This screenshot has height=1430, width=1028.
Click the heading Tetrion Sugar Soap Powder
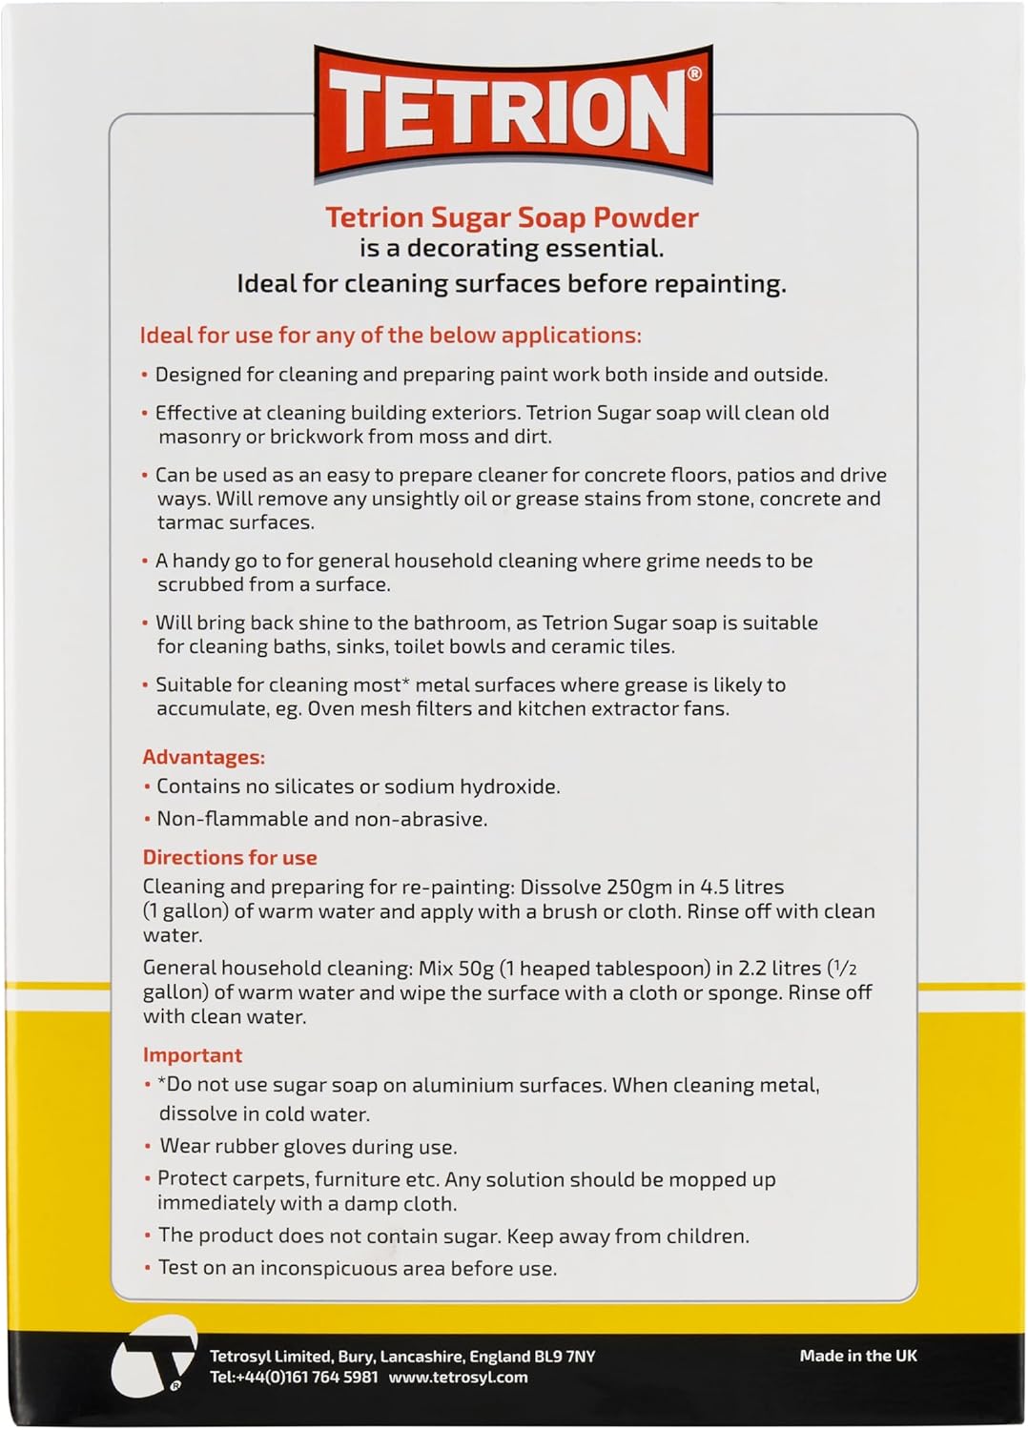tap(512, 217)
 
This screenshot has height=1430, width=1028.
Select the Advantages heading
tap(203, 757)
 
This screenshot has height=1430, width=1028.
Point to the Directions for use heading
tap(230, 857)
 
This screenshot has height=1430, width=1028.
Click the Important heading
tap(193, 1054)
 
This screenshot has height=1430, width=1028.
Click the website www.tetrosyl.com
tap(458, 1377)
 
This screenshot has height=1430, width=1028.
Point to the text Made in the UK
tap(858, 1355)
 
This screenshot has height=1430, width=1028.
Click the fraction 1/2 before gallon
tap(843, 968)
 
